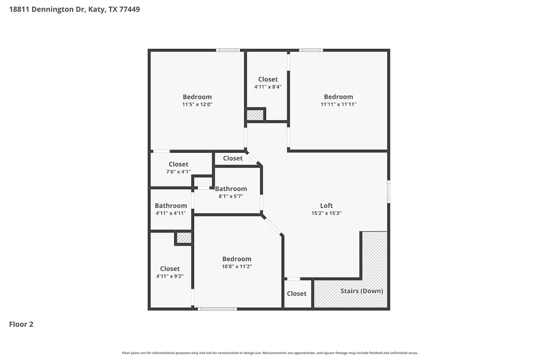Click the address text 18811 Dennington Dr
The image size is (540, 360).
[x=47, y=9]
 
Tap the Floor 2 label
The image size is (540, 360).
[x=21, y=324]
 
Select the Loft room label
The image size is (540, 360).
[x=327, y=206]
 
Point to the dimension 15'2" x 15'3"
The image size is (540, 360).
[x=327, y=213]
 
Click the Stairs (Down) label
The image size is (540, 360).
[x=361, y=291]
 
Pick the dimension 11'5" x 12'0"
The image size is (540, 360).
[x=197, y=104]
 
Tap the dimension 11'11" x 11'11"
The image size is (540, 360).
[x=338, y=104]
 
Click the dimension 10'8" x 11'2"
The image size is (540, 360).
[x=237, y=266]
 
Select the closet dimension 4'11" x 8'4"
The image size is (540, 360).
[x=268, y=86]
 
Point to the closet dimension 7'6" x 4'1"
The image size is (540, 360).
[x=179, y=171]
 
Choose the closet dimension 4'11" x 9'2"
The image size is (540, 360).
[x=170, y=276]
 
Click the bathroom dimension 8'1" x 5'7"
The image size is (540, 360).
[x=231, y=196]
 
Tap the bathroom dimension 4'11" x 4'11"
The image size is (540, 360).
[x=171, y=213]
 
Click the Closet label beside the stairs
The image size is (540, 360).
[x=297, y=293]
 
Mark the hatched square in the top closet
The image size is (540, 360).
[x=255, y=115]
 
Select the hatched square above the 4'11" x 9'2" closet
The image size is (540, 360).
[x=184, y=238]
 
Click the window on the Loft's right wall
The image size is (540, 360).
[x=388, y=192]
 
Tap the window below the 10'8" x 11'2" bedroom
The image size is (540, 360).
[x=217, y=309]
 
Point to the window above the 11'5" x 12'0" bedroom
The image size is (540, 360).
[x=228, y=50]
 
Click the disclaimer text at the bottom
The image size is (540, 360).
[x=270, y=353]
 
